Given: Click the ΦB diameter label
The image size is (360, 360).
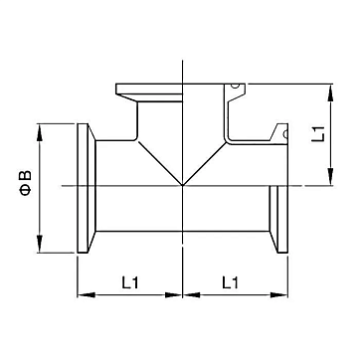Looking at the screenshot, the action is click(27, 183).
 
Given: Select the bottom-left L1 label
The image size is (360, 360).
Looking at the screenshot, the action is click(129, 282).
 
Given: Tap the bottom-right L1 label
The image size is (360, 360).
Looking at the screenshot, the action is click(230, 282).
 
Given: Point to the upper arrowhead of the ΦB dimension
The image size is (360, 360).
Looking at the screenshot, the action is click(40, 132).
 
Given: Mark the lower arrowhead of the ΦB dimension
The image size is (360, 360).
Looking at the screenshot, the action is click(40, 244).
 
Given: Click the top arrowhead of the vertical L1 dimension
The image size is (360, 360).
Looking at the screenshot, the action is click(330, 92).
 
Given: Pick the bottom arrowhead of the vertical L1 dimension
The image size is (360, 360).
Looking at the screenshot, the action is click(330, 176).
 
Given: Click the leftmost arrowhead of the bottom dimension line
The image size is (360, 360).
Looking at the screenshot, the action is click(87, 294).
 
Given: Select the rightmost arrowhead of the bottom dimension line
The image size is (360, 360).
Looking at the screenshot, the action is click(279, 294).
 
